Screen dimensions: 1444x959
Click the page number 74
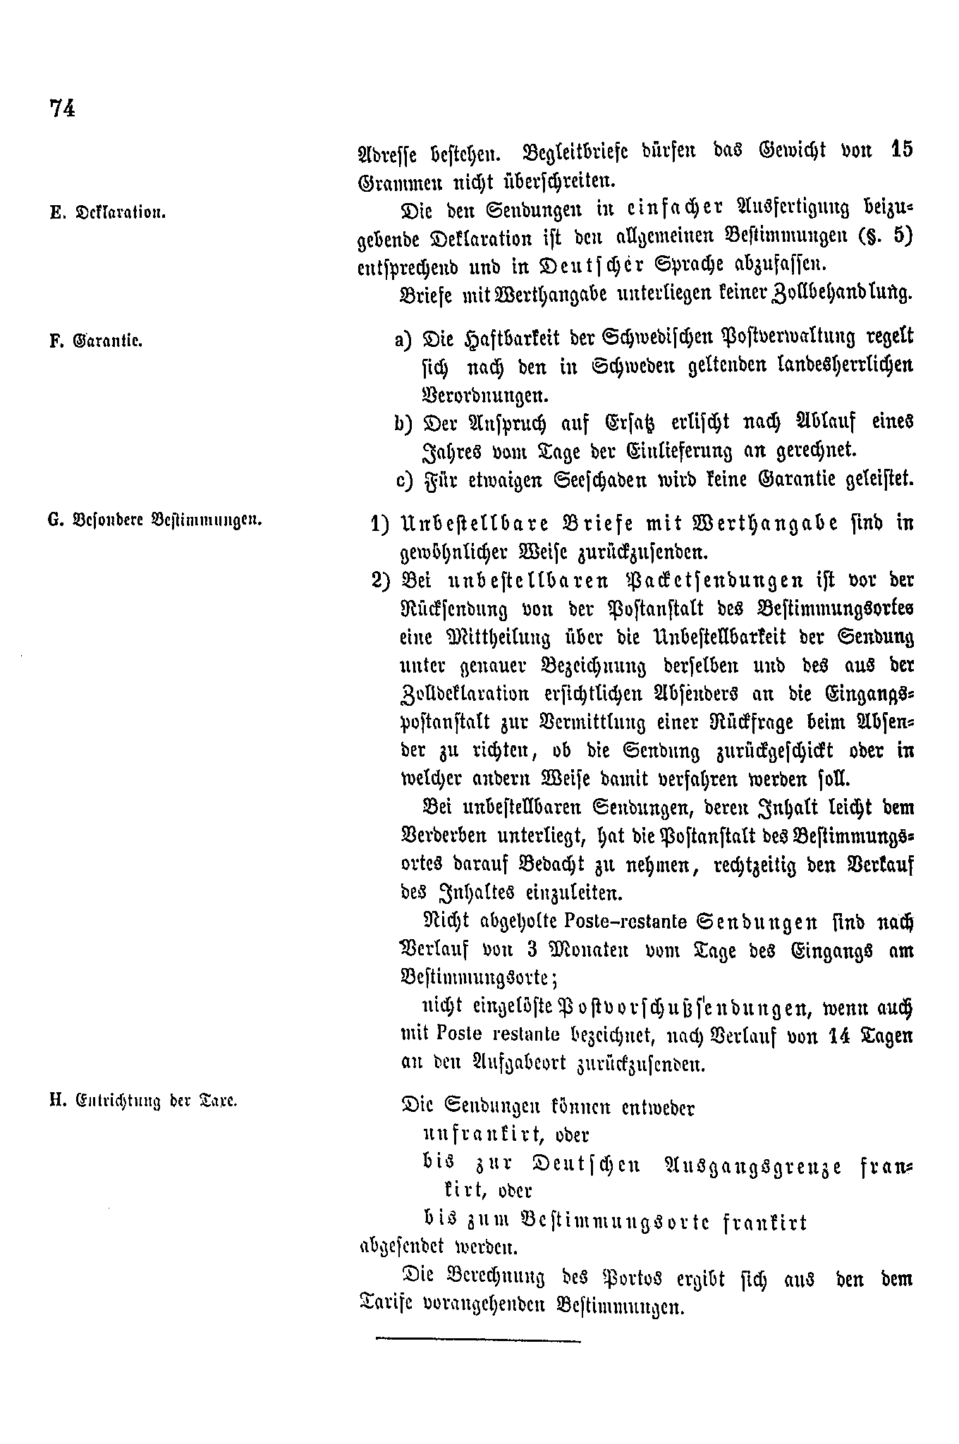pos(62,109)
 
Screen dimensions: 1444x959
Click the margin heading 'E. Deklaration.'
pos(107,213)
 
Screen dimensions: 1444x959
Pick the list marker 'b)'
pos(405,423)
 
